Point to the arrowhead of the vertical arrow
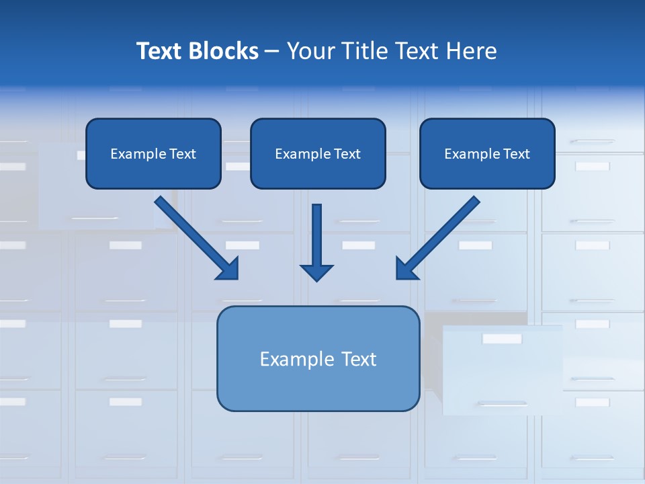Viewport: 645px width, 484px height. [x=316, y=272]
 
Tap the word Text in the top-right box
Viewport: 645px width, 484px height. [x=516, y=154]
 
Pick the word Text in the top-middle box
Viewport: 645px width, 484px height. [x=347, y=154]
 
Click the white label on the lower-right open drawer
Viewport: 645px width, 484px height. [x=502, y=339]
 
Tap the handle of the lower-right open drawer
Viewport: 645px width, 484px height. [x=502, y=404]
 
